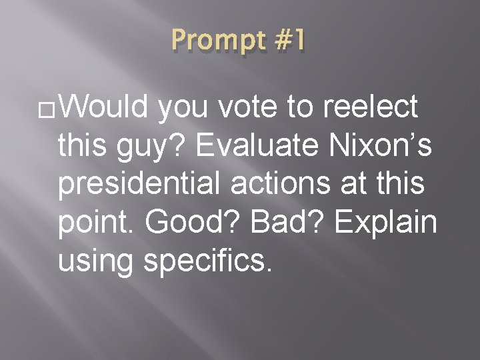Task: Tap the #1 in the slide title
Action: coord(289,42)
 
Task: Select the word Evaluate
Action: coord(267,146)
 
